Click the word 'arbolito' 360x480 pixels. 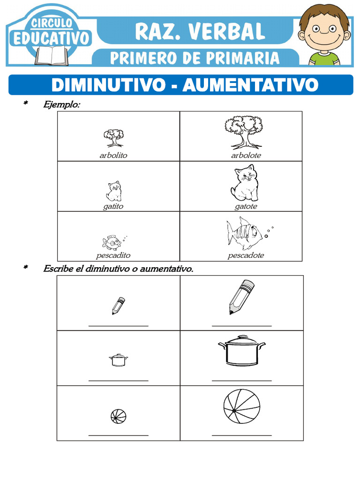click(x=113, y=155)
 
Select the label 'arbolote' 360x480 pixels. click(x=246, y=155)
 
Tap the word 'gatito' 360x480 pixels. click(x=113, y=206)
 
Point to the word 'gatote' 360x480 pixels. click(x=246, y=206)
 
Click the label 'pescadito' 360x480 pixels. click(x=113, y=255)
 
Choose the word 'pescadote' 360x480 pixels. click(x=246, y=255)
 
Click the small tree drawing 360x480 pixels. click(x=113, y=138)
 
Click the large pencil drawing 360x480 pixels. click(x=241, y=297)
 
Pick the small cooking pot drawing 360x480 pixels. click(x=118, y=360)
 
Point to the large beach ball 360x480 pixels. click(x=241, y=408)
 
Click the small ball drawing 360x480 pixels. click(x=119, y=416)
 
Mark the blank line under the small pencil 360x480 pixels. click(x=119, y=325)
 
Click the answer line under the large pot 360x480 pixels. click(x=241, y=380)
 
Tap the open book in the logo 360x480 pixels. click(x=51, y=56)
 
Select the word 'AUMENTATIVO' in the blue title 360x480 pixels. click(x=250, y=85)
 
